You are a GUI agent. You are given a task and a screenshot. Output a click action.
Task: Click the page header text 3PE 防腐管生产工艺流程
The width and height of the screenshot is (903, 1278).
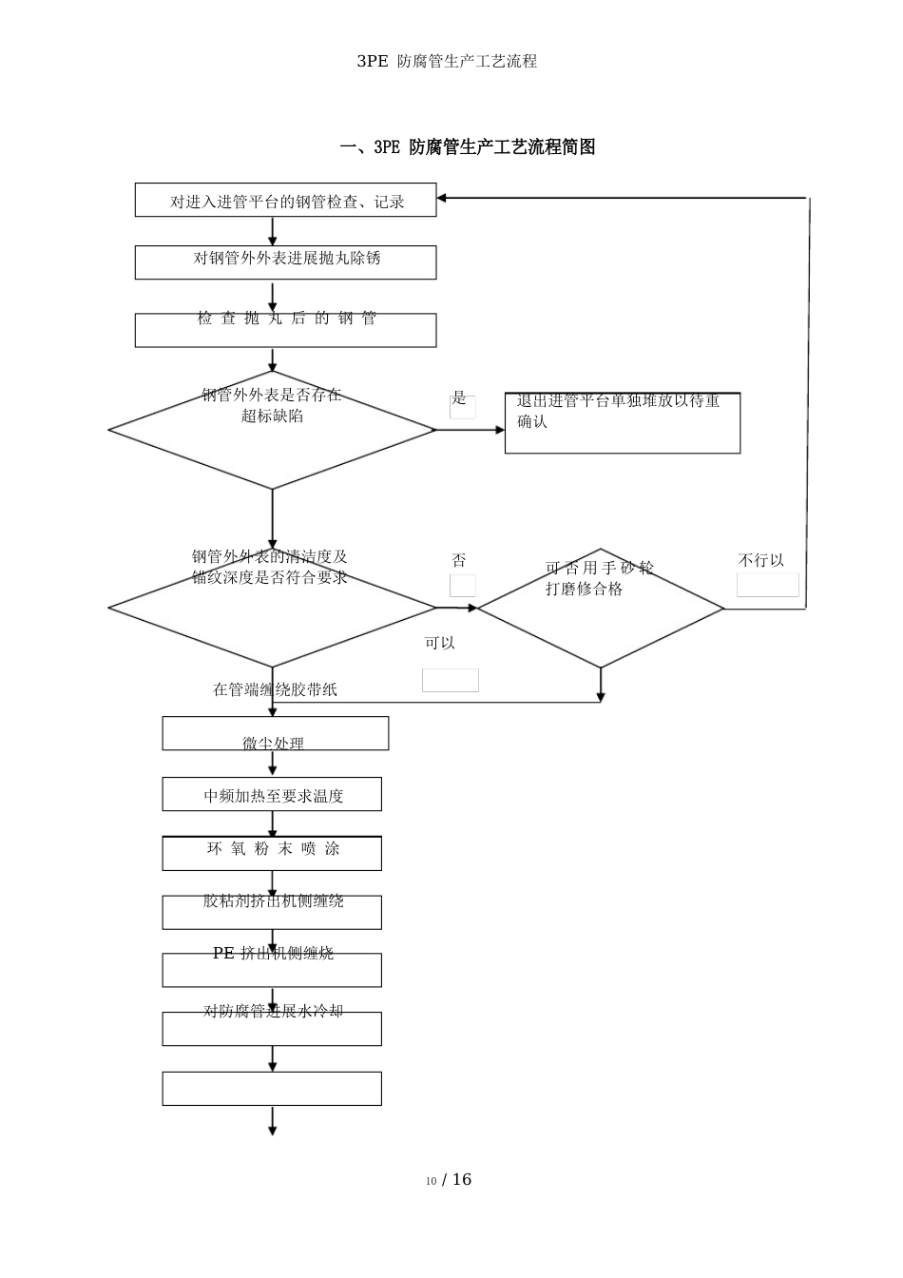click(447, 61)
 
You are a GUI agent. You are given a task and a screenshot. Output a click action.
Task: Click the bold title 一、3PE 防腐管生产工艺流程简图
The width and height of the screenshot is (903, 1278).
click(468, 147)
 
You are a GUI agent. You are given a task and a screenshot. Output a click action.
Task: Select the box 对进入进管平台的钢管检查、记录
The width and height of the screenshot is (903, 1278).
click(285, 201)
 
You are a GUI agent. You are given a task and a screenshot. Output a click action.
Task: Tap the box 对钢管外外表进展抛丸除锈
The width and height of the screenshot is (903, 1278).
click(285, 261)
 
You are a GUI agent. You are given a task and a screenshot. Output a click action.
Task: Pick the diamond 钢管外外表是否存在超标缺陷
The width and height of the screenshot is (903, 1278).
click(272, 430)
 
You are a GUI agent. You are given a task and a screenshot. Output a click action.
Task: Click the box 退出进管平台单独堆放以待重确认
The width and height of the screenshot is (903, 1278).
click(622, 423)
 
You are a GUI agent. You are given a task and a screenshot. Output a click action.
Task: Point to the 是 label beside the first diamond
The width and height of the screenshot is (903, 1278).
click(459, 398)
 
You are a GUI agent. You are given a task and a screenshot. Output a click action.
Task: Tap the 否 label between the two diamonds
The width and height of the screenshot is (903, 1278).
click(459, 561)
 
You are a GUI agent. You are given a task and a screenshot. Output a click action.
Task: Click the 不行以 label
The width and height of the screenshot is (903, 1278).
click(761, 561)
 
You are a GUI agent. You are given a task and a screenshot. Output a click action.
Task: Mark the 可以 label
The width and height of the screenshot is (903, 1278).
click(440, 644)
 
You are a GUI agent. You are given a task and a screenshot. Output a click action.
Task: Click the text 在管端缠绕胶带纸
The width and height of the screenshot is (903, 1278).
click(275, 689)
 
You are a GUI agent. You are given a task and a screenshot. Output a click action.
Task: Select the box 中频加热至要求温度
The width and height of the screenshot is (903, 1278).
click(272, 795)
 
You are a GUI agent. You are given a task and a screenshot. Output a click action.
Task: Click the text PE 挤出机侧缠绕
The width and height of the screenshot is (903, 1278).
click(273, 953)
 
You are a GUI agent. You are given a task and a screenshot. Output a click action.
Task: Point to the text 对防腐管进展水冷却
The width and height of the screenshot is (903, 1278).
click(273, 1011)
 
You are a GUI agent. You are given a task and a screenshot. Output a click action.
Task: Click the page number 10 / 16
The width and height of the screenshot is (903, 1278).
click(449, 1180)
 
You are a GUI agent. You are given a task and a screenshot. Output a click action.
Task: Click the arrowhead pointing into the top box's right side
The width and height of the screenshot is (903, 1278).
click(442, 198)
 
